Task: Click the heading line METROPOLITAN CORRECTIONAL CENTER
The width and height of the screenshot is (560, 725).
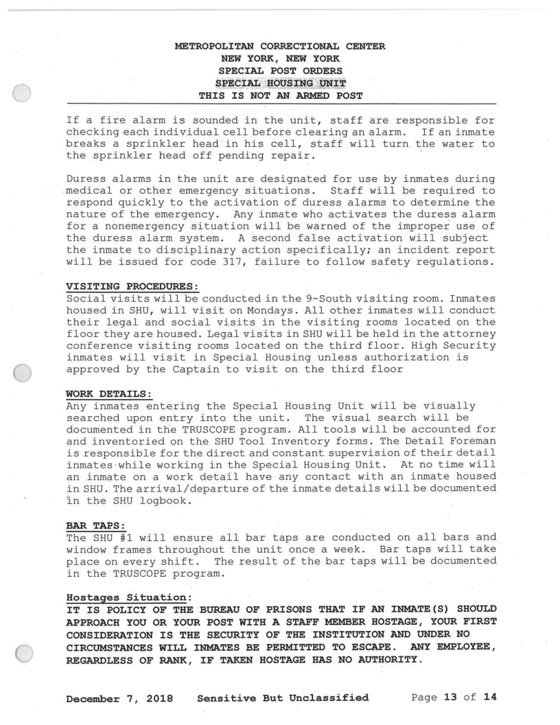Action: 280,47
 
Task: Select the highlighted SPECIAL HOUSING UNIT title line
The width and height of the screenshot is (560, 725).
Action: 280,84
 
